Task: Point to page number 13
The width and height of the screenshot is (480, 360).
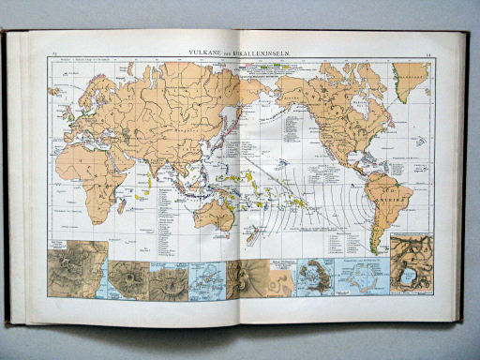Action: [x=55, y=55]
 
